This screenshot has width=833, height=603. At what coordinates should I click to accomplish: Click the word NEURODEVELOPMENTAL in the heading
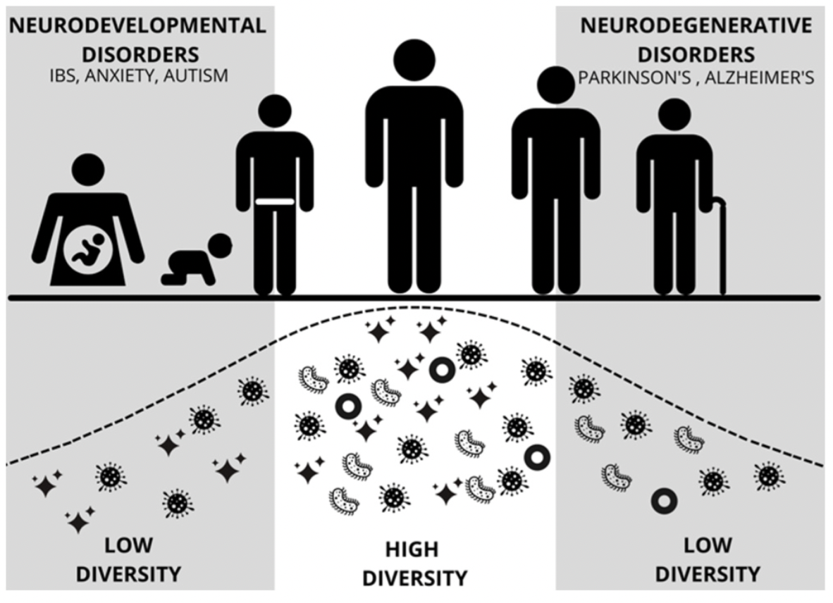click(138, 26)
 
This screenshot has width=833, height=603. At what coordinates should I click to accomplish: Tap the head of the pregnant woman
click(89, 170)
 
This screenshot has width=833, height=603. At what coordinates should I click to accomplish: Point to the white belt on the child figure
click(274, 203)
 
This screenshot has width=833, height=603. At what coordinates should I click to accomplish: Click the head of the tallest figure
click(414, 60)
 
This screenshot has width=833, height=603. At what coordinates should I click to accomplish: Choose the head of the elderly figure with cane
click(674, 114)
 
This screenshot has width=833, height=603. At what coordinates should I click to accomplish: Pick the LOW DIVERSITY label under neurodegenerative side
click(707, 559)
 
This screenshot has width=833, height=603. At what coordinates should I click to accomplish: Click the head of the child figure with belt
click(274, 111)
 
